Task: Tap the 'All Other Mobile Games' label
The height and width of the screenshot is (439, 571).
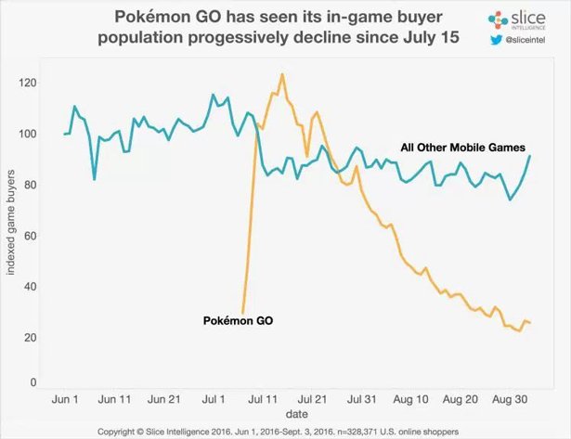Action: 463,148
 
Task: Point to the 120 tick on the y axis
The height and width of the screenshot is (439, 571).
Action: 34,84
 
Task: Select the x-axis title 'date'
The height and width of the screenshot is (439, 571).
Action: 297,413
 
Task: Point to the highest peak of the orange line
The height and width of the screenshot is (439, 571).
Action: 281,74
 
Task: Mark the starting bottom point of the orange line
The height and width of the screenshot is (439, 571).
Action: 243,313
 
